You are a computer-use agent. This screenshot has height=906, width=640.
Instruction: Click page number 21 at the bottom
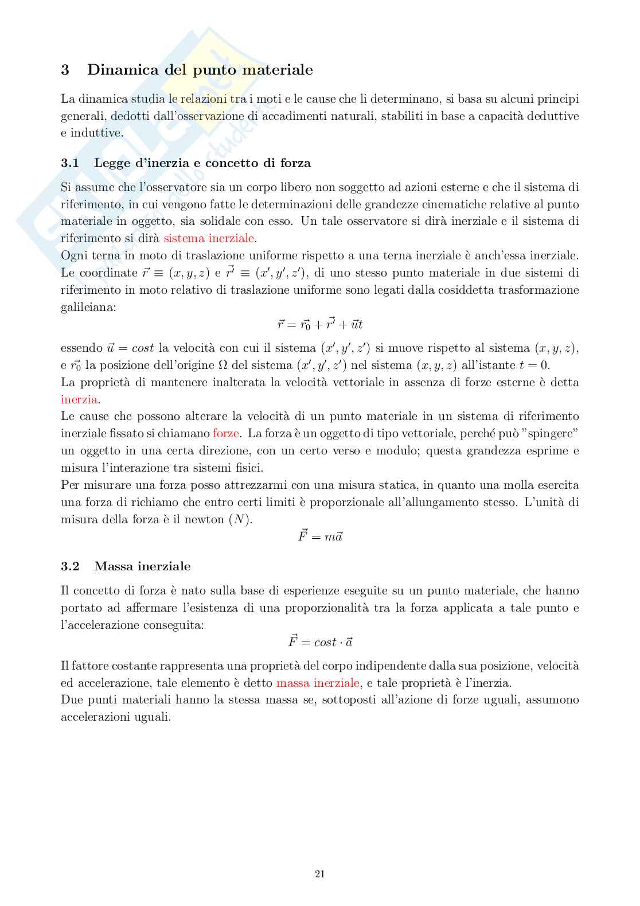point(320,874)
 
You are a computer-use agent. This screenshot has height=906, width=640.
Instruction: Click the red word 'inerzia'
point(79,399)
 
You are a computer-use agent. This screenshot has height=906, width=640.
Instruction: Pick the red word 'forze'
point(225,433)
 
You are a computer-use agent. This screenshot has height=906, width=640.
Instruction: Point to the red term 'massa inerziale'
point(318,683)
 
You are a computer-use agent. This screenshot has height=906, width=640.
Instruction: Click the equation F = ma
point(320,536)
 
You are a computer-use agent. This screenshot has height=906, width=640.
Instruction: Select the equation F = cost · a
point(320,641)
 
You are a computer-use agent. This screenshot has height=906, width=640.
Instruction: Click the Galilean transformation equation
point(320,324)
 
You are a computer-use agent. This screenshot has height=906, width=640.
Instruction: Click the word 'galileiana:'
point(88,307)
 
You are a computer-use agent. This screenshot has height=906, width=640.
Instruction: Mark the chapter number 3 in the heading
point(65,70)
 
